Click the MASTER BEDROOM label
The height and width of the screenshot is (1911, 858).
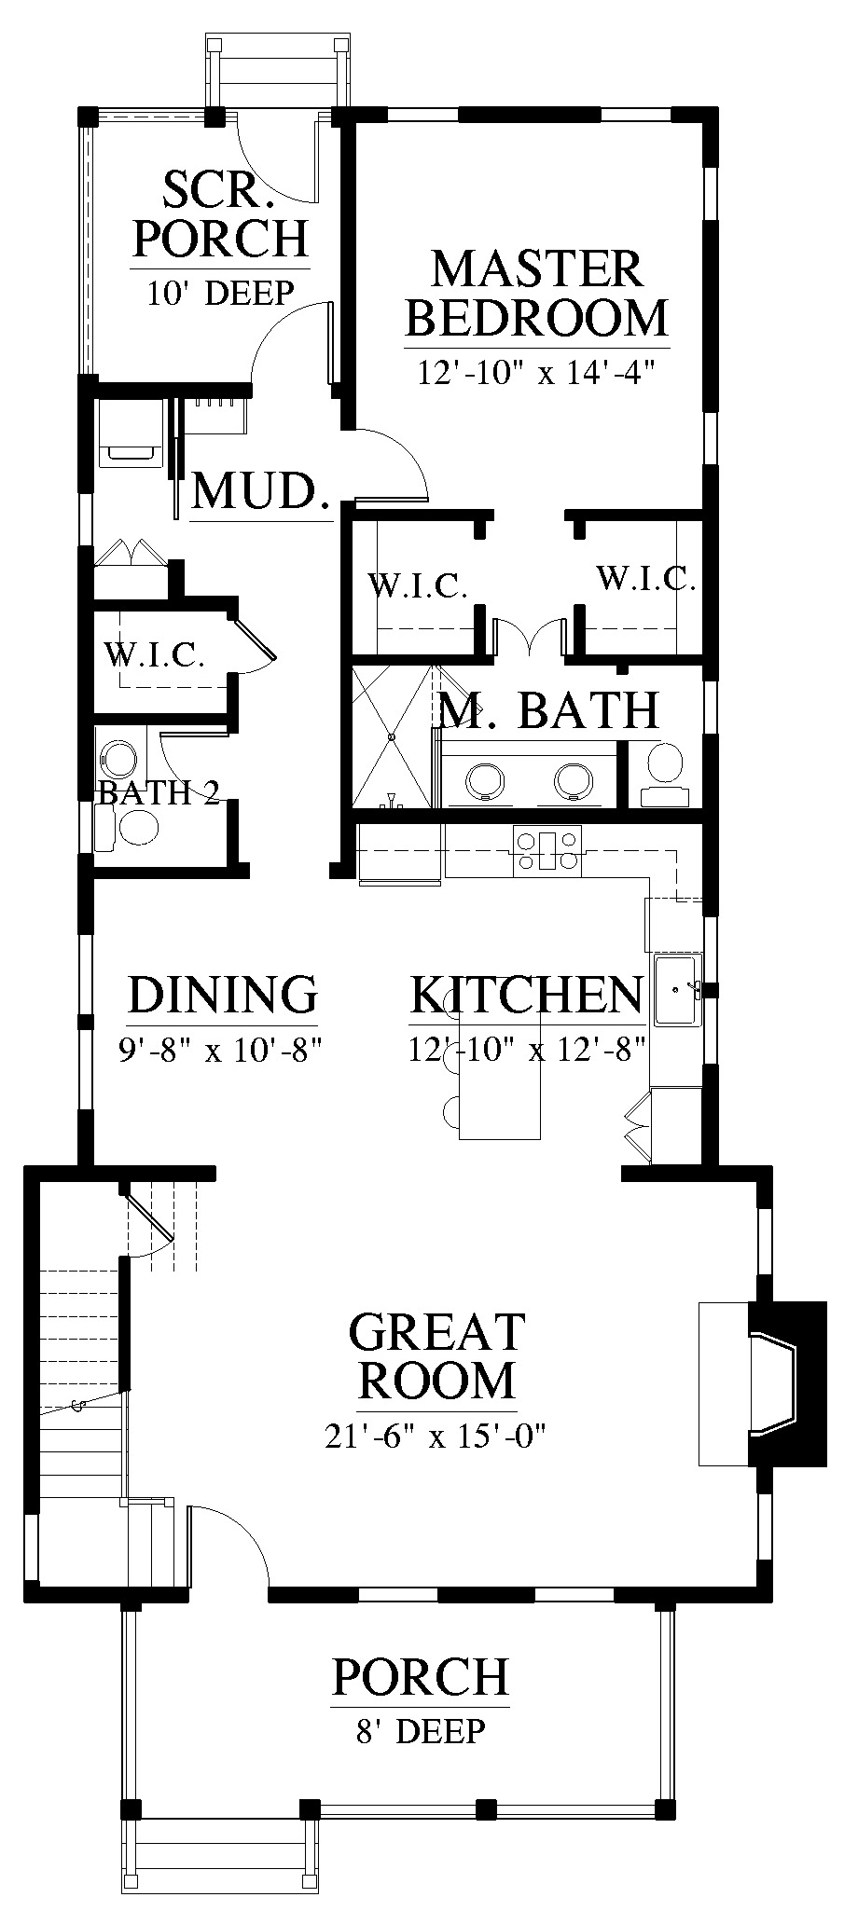(x=537, y=293)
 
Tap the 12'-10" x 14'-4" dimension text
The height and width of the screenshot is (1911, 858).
(x=537, y=373)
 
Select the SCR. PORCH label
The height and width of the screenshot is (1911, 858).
(x=220, y=213)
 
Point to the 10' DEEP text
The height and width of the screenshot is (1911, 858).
(x=220, y=293)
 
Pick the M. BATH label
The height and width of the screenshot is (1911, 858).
(x=549, y=710)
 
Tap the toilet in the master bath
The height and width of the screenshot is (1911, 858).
(x=664, y=775)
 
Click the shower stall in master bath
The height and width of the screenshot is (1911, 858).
(x=393, y=736)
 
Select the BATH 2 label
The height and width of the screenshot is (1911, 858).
(x=159, y=793)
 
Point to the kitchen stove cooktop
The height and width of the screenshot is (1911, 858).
(x=547, y=850)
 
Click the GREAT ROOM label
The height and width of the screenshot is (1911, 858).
(x=436, y=1355)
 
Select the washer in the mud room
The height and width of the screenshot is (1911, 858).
(x=131, y=433)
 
